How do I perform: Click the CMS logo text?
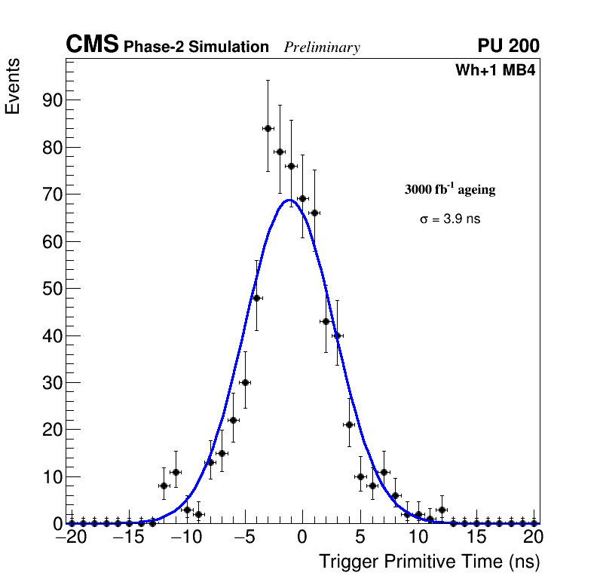tap(92, 45)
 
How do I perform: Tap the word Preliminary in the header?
tap(322, 47)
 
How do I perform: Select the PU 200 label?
tap(508, 46)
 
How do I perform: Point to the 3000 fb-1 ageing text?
tap(450, 189)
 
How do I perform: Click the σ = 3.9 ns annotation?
tap(450, 219)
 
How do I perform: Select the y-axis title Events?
tap(13, 86)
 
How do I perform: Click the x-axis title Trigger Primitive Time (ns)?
tap(429, 562)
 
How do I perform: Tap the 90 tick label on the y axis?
tap(50, 100)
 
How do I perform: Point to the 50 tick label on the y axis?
tap(50, 289)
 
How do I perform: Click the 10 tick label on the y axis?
tap(50, 477)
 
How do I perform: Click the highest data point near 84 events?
tap(268, 128)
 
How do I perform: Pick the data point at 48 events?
tap(256, 298)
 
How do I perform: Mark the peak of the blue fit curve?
tap(289, 200)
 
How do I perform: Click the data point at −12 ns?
tap(164, 486)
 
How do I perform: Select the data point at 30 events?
tap(245, 382)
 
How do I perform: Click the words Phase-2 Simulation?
tap(196, 47)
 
